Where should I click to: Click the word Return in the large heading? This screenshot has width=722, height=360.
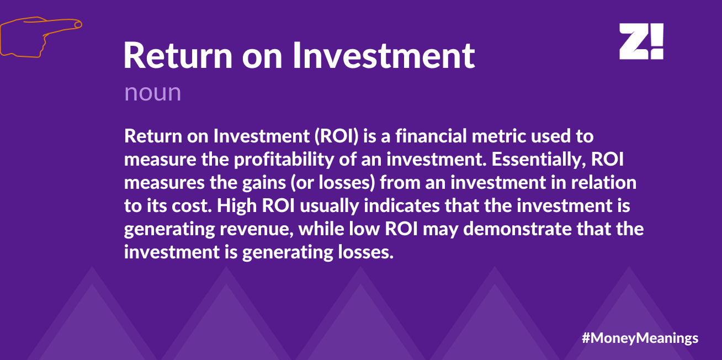(x=178, y=55)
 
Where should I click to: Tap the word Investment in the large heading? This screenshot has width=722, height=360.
(x=384, y=55)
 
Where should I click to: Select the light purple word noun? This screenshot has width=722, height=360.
(x=153, y=93)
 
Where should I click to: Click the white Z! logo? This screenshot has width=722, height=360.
(x=641, y=41)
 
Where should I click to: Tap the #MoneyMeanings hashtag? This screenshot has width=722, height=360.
(x=640, y=338)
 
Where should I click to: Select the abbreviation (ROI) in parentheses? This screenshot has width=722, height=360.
(x=337, y=136)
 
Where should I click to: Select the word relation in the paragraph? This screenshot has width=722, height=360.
(x=604, y=182)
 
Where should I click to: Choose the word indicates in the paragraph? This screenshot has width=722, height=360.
(x=402, y=205)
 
